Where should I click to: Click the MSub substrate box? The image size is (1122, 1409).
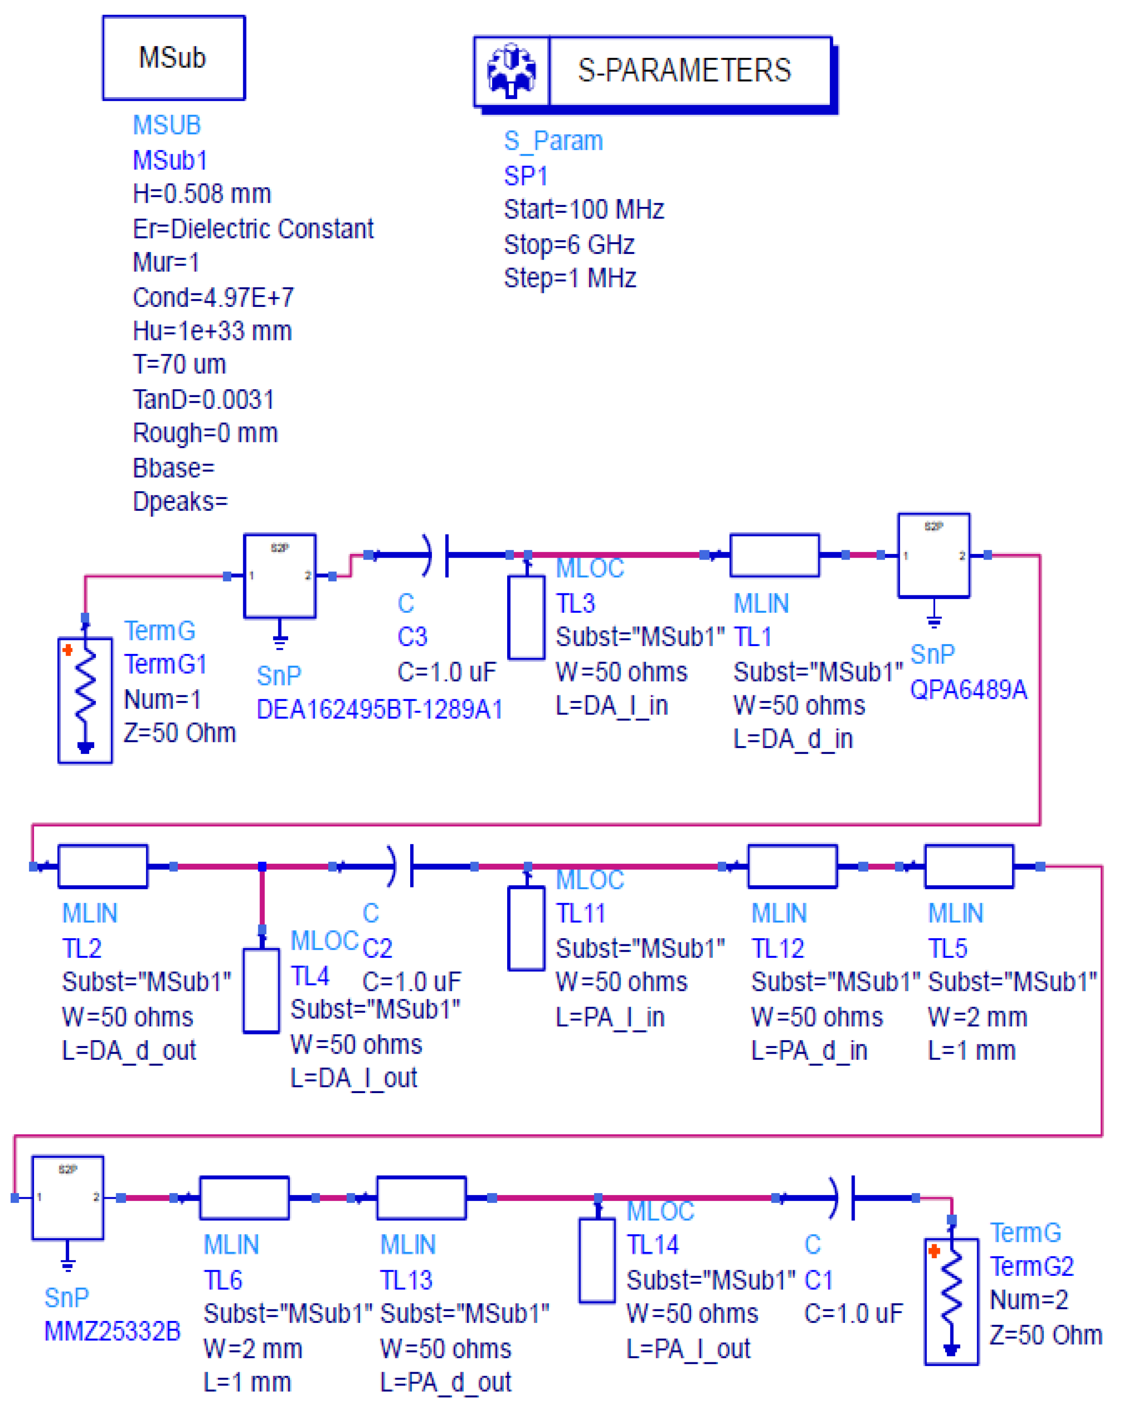coord(174,57)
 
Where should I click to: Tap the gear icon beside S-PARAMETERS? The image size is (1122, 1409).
coord(511,70)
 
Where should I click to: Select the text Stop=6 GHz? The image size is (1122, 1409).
coord(569,245)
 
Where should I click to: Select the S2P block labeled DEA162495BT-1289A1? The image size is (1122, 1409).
coord(280,576)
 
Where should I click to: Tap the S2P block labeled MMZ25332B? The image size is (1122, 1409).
coord(68,1197)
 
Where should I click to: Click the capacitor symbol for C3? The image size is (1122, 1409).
coord(438,555)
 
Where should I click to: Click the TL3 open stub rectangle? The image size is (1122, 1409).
coord(526,617)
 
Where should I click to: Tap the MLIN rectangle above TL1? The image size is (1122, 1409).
coord(774,555)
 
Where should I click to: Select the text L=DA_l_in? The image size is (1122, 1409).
coord(611,705)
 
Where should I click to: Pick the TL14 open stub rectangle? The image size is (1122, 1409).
coord(597,1259)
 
